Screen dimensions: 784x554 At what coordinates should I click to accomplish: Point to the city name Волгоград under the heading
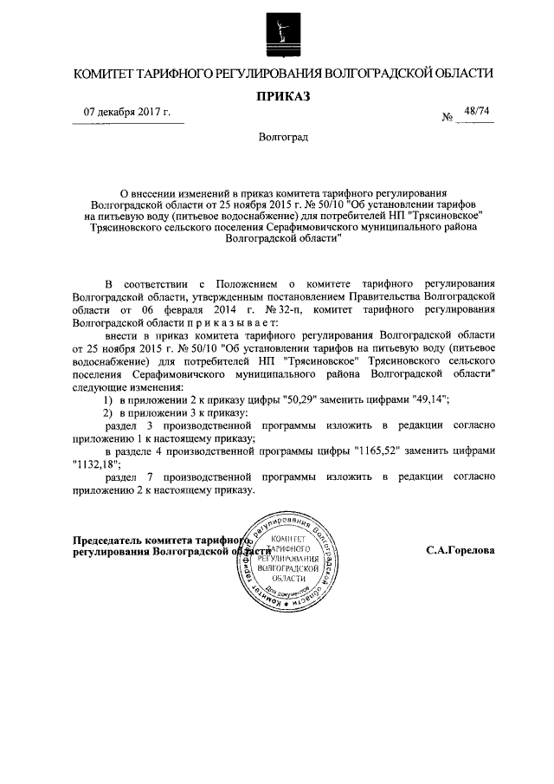[277, 138]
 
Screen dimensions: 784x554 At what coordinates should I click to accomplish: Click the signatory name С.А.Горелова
[460, 550]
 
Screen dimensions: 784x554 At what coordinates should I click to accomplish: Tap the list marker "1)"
[108, 399]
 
